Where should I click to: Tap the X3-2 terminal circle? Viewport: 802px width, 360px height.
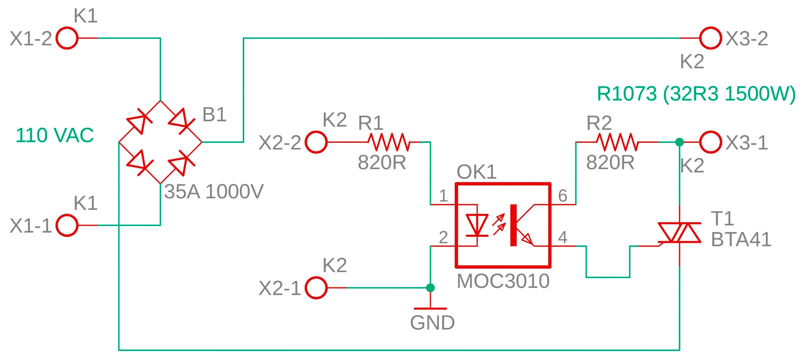711,38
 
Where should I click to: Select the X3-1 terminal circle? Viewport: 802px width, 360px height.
711,142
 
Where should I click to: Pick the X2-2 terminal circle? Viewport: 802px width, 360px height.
316,142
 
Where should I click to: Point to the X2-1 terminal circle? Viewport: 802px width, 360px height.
316,288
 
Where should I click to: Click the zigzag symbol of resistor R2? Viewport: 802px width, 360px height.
617,142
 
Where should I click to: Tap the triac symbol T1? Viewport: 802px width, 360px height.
679,233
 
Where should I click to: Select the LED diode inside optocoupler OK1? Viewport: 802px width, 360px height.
477,225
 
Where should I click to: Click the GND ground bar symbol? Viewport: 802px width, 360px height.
430,309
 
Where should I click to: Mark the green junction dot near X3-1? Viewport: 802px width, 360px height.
679,142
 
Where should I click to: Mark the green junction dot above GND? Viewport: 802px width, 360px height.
430,288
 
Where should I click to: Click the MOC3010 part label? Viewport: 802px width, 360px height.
503,281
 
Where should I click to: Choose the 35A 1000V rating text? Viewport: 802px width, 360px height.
214,191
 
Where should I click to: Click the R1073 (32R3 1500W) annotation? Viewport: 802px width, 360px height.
696,93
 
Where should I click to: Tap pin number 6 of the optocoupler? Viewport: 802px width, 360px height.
562,196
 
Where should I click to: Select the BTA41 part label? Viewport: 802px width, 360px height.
741,239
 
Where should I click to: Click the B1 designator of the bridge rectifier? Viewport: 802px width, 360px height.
214,114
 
